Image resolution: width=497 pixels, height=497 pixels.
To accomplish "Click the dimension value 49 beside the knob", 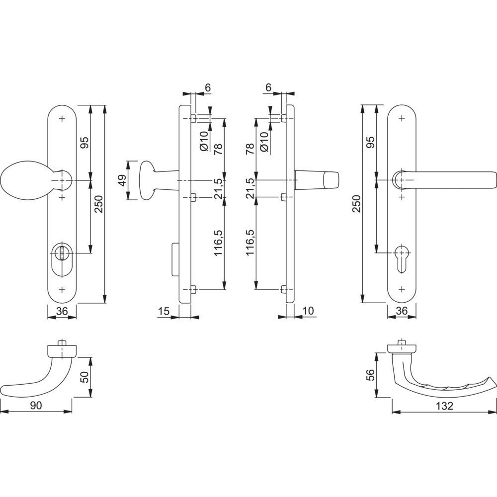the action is point(123,180).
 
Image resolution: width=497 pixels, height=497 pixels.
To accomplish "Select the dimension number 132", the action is point(444,406).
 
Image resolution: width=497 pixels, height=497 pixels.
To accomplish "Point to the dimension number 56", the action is point(371,375).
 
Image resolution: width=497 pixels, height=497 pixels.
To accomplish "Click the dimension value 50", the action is point(85,377).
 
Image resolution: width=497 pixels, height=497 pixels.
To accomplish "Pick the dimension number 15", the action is point(164,311).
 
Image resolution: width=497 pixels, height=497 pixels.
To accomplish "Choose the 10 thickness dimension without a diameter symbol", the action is point(308,311).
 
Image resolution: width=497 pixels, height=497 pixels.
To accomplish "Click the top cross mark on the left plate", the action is point(62,119).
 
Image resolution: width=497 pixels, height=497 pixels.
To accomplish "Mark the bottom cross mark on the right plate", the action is point(402,289).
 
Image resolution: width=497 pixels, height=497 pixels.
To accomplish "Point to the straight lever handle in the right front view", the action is point(444,180).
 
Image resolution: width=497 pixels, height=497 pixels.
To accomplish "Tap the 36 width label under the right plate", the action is point(402,311).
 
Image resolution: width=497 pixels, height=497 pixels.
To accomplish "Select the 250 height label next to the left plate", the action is point(99,204).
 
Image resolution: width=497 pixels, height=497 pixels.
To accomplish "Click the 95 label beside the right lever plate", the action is point(371,142).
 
